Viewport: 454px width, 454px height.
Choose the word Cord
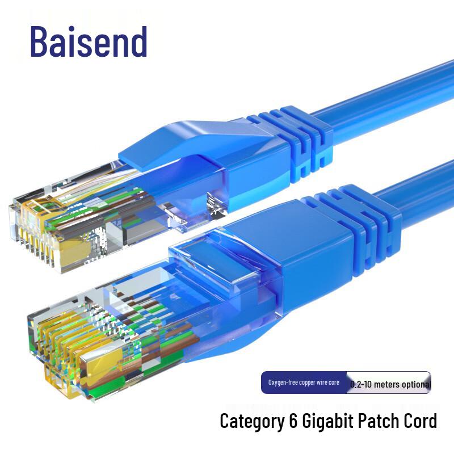tap(421, 421)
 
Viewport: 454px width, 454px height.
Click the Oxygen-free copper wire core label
tap(304, 382)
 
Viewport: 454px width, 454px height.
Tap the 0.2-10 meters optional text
tap(390, 384)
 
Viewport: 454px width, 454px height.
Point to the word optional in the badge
tap(417, 384)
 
